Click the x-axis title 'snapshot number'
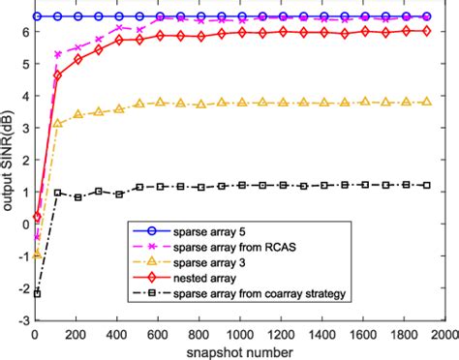237,351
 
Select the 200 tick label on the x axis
77,333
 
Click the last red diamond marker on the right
423,31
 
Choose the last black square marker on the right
423,185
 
